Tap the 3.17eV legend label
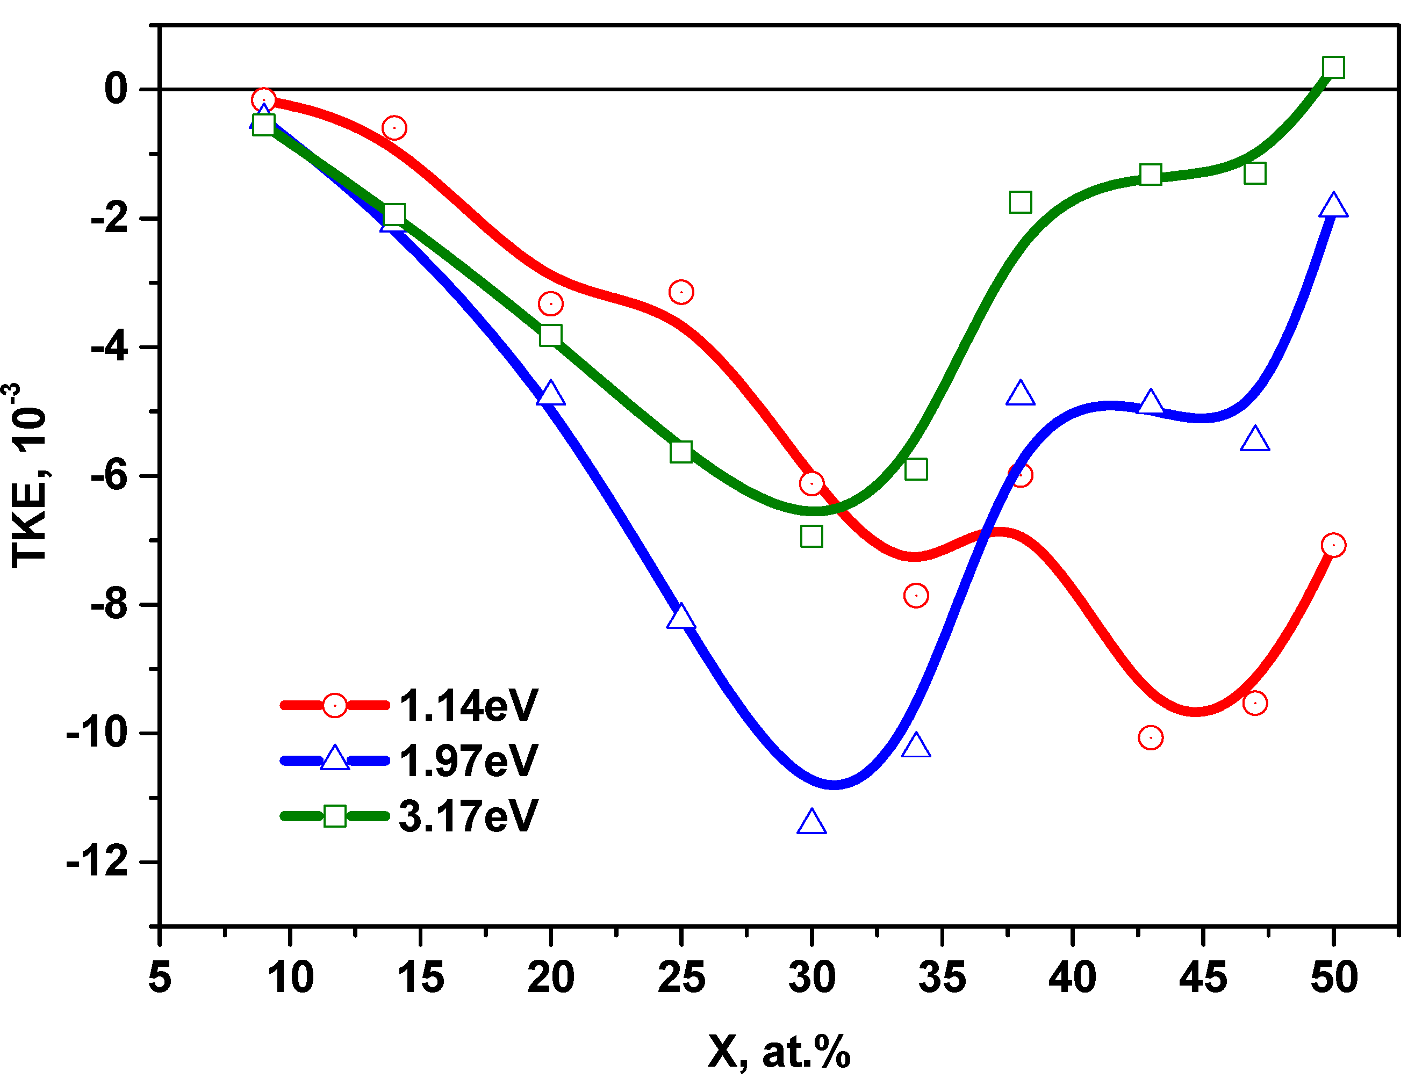coord(468,816)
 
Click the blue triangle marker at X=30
coord(811,823)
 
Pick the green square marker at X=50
coord(1333,67)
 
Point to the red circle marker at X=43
coord(1151,737)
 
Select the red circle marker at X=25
coord(681,292)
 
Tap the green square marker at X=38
coord(1020,202)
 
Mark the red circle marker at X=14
coord(394,128)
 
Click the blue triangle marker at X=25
coord(681,617)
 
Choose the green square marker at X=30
coord(811,536)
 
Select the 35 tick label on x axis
coord(942,978)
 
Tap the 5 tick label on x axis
coord(159,978)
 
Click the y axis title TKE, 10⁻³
coord(29,475)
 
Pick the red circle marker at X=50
coord(1333,545)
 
